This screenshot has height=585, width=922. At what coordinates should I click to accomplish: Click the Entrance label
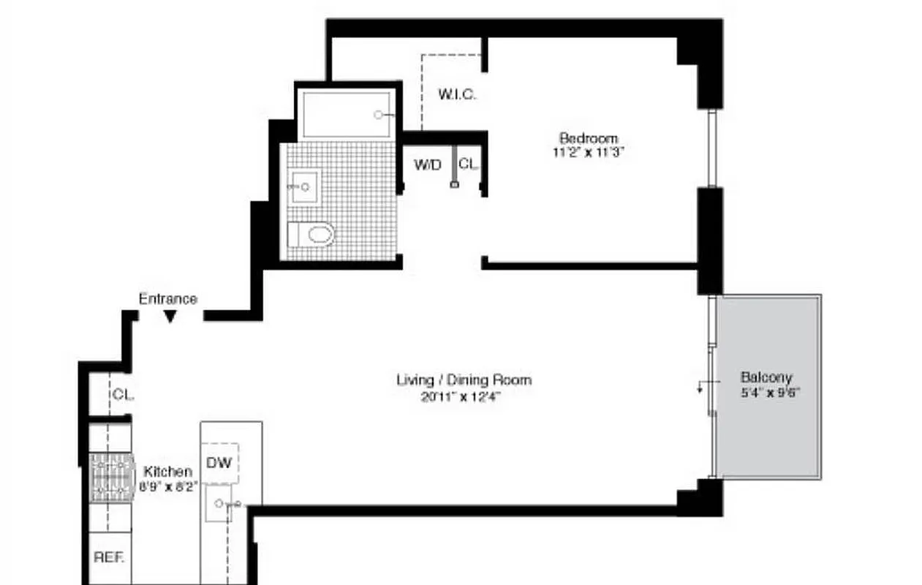168,298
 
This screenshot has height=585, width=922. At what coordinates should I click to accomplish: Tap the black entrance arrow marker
170,316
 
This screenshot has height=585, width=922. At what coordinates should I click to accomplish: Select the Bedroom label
588,137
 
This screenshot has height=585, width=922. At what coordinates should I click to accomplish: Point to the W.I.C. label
458,94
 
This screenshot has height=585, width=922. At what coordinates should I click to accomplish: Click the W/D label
428,165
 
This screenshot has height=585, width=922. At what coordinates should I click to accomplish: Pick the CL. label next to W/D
469,165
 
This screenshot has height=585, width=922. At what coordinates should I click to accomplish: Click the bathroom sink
302,187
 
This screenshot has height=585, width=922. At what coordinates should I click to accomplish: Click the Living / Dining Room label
464,380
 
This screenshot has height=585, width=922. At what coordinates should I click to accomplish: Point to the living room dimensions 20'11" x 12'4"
464,397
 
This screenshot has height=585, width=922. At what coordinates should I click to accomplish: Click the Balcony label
766,377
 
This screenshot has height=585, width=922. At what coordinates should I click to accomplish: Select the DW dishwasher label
219,462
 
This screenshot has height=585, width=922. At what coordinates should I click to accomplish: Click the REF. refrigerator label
109,556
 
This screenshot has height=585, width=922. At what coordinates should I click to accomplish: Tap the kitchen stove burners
113,477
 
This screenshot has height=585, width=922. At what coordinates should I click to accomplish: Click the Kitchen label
167,472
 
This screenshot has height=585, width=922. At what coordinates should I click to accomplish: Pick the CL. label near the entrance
123,394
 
